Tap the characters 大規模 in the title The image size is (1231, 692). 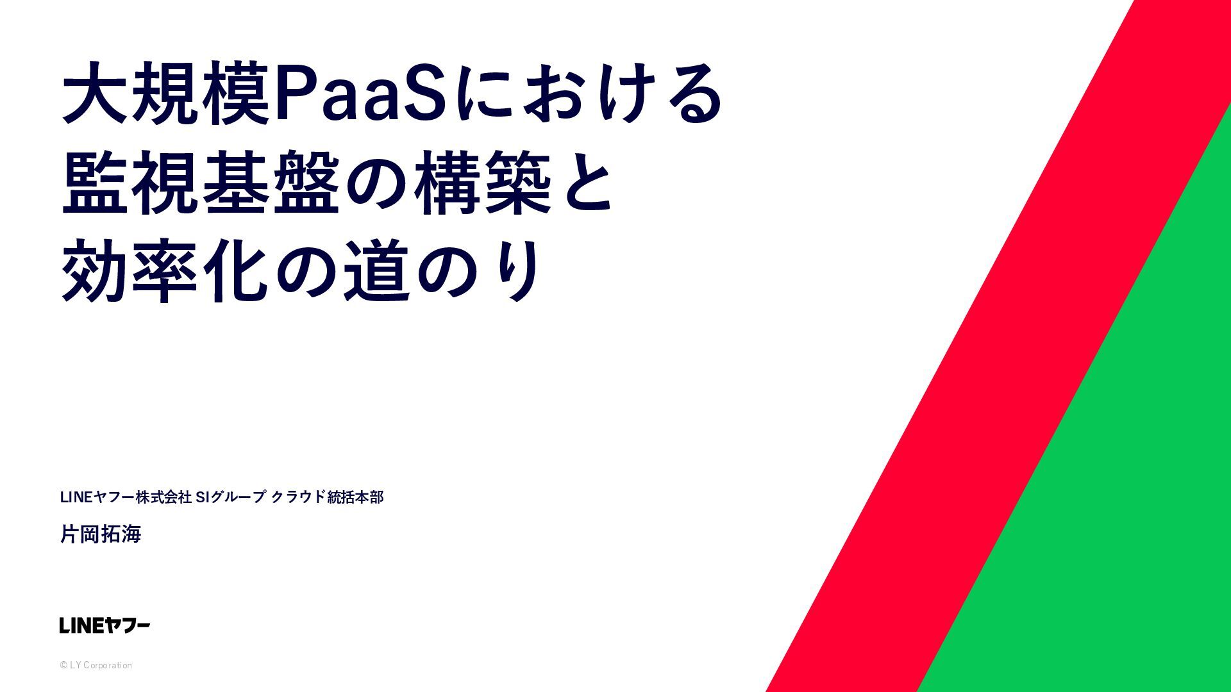pyautogui.click(x=166, y=93)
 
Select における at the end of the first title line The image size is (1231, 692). pyautogui.click(x=587, y=94)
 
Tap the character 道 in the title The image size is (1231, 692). pyautogui.click(x=377, y=270)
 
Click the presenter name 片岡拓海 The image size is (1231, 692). pyautogui.click(x=101, y=534)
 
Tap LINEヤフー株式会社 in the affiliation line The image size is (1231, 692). pyautogui.click(x=126, y=497)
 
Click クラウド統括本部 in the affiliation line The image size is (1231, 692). pyautogui.click(x=328, y=497)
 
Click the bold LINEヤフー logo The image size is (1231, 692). pyautogui.click(x=105, y=625)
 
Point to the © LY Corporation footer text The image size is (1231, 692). pyautogui.click(x=96, y=665)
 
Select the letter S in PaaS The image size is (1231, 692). pyautogui.click(x=424, y=94)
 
